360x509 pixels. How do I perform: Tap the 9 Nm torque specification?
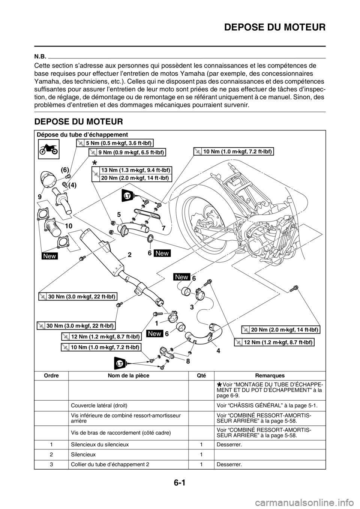click(x=127, y=152)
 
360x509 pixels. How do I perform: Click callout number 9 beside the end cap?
click(x=40, y=196)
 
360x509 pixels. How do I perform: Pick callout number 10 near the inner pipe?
click(x=68, y=226)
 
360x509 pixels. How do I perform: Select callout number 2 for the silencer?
click(x=129, y=254)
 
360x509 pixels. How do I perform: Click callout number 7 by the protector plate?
click(x=163, y=228)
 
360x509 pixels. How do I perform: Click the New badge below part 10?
click(x=50, y=256)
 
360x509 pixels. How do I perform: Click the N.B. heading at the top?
click(x=40, y=55)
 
